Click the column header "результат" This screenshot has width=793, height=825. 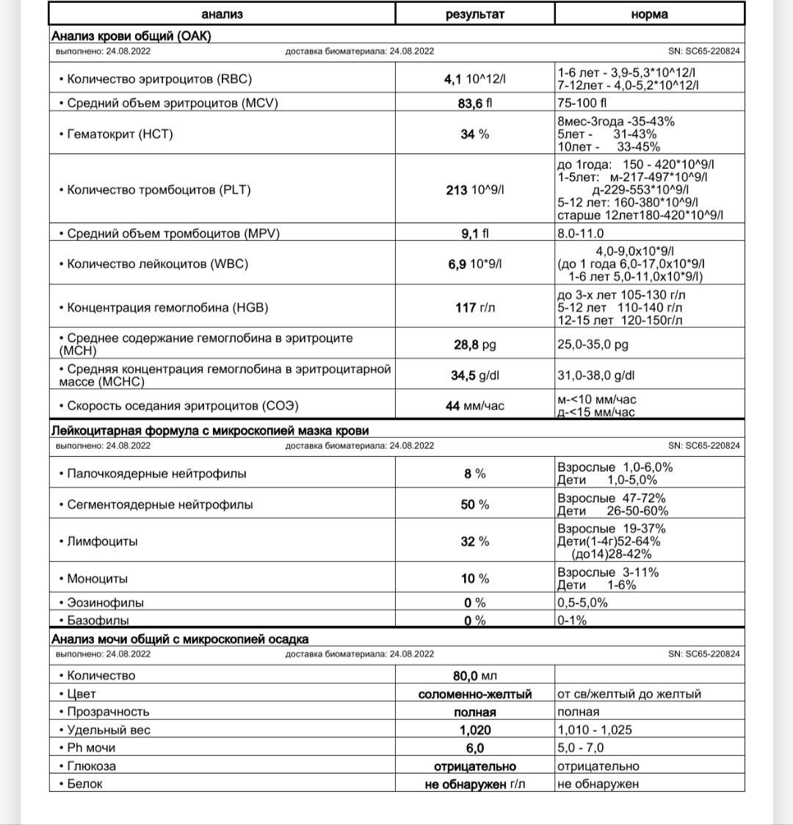[x=475, y=15]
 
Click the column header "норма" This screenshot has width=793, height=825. [x=649, y=15]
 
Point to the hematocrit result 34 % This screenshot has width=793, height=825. [x=475, y=134]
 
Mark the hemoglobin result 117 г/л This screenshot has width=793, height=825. [x=475, y=308]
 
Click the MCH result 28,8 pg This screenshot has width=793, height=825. [x=475, y=344]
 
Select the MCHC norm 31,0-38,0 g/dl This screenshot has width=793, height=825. [x=596, y=375]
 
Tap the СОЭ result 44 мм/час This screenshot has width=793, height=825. [x=475, y=406]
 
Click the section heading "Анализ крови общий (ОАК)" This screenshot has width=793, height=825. [x=131, y=36]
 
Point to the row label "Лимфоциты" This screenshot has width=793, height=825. [x=101, y=541]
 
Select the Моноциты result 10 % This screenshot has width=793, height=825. [x=475, y=579]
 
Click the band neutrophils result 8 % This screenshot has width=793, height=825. [x=475, y=474]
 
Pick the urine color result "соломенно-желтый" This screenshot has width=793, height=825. [x=475, y=694]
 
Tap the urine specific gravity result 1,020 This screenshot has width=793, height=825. [x=475, y=730]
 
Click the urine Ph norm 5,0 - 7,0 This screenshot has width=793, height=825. [x=581, y=748]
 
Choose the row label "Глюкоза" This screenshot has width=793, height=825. [x=91, y=766]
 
